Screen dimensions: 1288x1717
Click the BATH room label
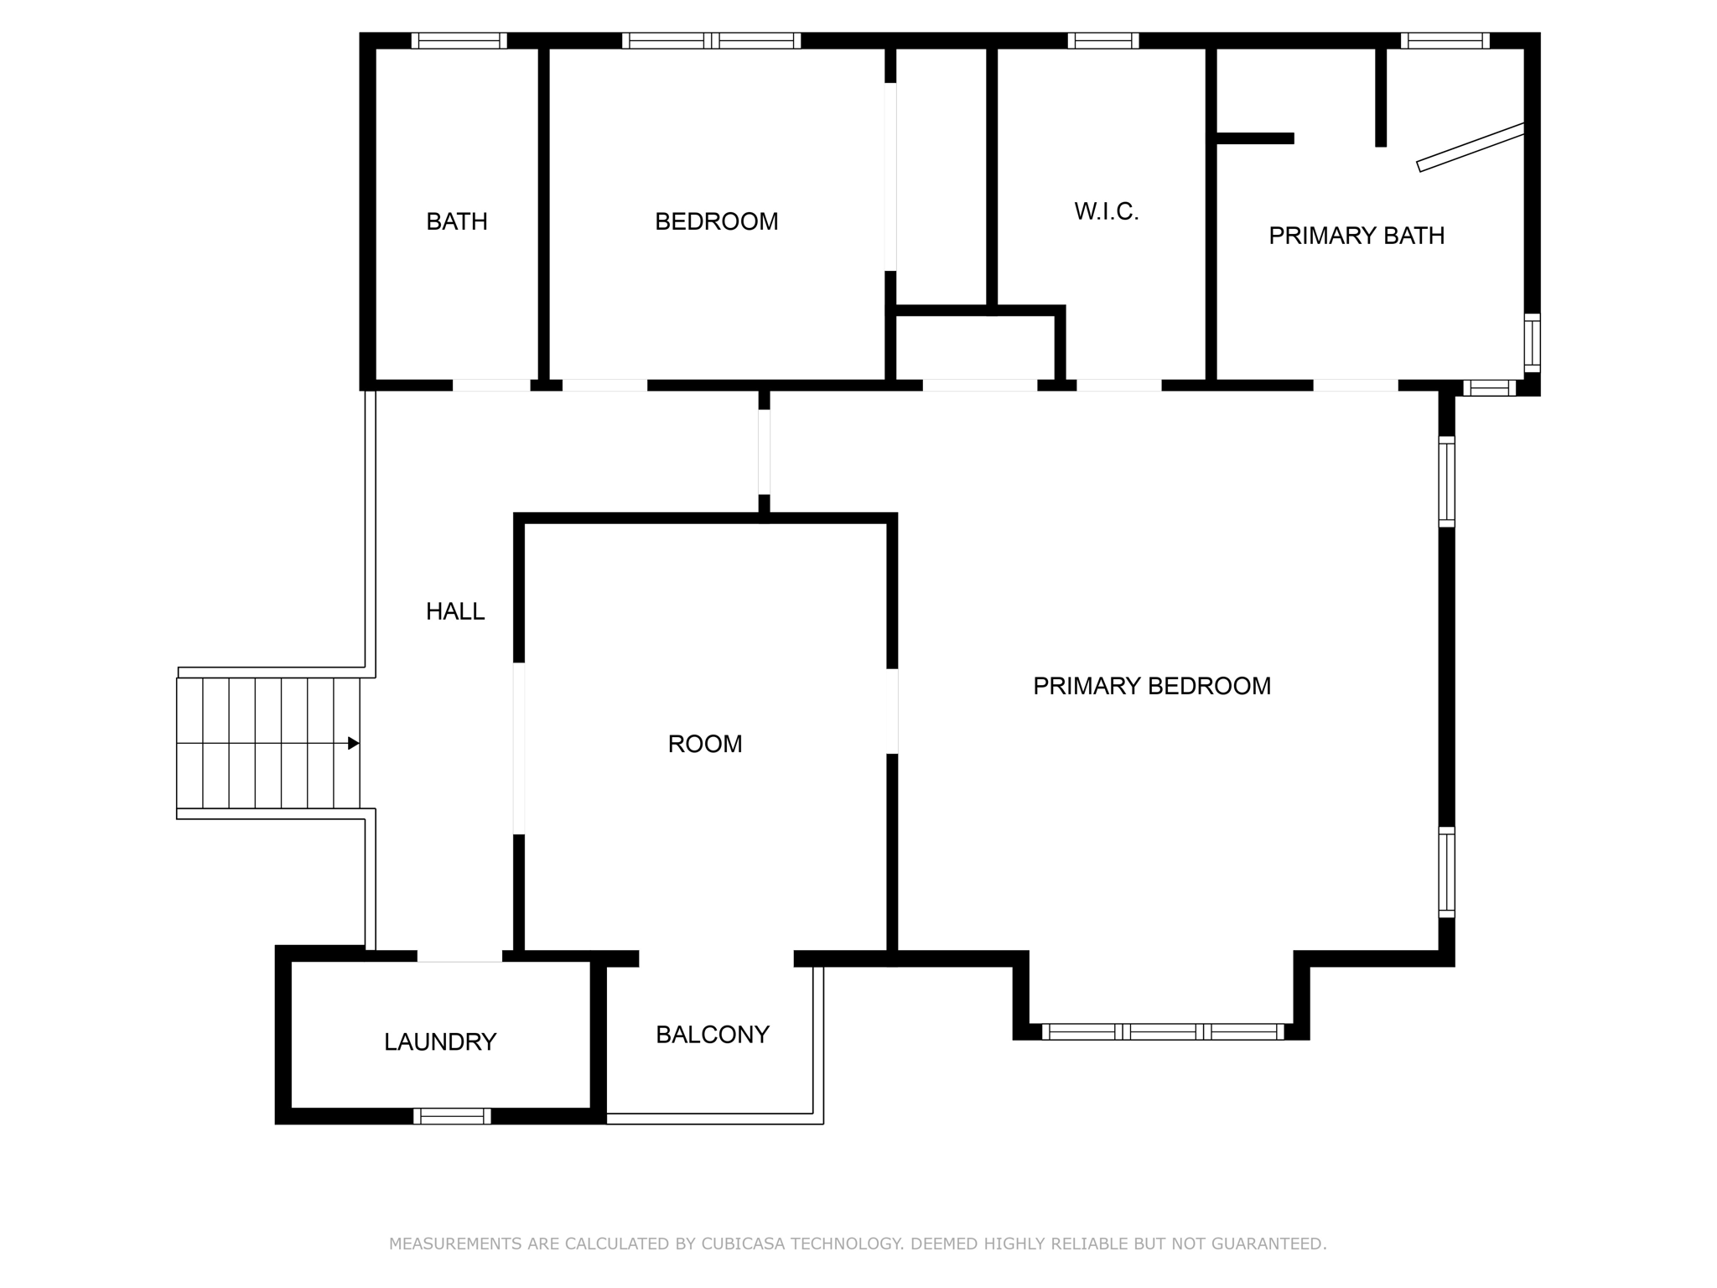456,221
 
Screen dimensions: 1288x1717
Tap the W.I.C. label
1106,211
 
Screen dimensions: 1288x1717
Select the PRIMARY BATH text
1356,236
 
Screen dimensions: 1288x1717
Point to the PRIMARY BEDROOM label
1151,686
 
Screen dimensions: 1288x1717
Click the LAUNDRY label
440,1041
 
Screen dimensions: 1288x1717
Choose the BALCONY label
712,1035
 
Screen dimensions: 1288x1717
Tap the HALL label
455,611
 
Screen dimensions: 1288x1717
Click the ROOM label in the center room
704,744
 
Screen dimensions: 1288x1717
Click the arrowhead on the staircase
354,743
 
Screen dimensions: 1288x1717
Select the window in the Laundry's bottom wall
452,1115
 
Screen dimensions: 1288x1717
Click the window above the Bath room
459,40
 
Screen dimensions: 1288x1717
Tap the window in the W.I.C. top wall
1102,40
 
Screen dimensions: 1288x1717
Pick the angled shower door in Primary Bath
1470,148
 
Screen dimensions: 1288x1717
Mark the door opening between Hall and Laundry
459,957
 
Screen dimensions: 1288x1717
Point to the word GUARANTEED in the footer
1268,1244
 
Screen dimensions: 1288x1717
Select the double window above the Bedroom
711,40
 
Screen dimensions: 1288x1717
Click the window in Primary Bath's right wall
1532,342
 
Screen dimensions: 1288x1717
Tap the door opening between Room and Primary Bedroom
892,711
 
